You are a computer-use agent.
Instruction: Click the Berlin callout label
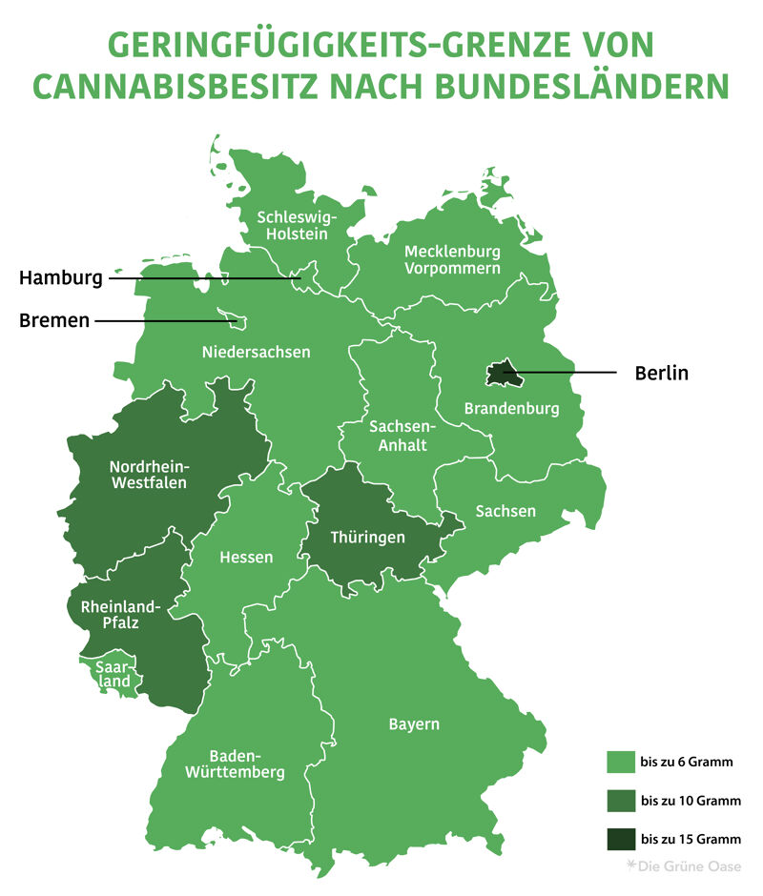click(661, 373)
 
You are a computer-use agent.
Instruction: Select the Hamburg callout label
click(60, 279)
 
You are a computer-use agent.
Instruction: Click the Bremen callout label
click(54, 321)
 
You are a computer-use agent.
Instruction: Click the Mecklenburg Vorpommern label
click(452, 260)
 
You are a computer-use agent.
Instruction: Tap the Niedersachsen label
click(256, 352)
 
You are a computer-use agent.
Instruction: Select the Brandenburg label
click(511, 409)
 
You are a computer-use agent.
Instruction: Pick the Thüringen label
click(367, 538)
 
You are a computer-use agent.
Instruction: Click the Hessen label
click(246, 557)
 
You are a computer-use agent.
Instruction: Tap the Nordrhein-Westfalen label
click(148, 475)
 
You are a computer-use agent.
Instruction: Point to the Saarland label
click(113, 675)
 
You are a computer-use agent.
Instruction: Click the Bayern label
click(414, 724)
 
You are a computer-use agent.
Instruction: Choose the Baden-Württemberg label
click(234, 764)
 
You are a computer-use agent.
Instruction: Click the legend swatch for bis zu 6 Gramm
click(620, 763)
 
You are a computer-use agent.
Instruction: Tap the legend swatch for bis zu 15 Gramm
click(620, 839)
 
